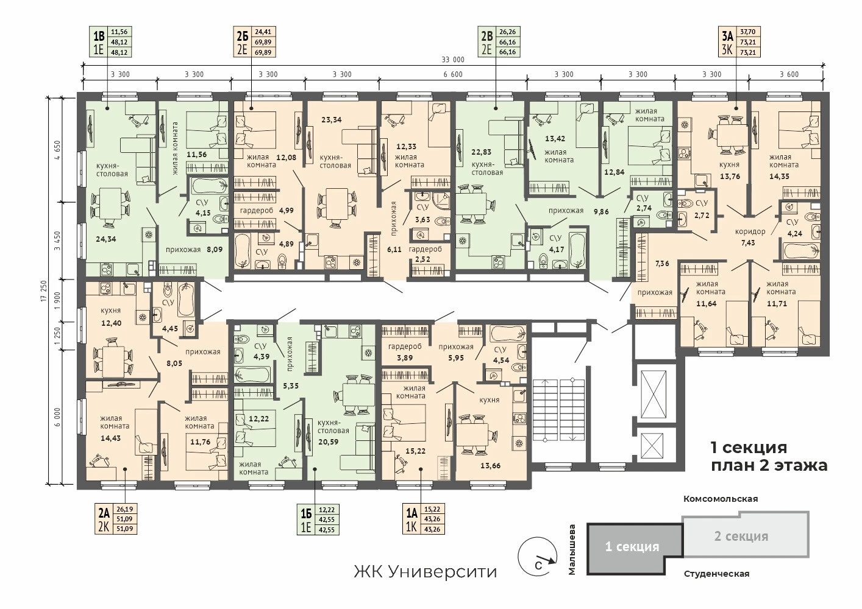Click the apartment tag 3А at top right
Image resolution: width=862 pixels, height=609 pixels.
coord(739,42)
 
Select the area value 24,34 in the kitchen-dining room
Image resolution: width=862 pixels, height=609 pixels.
coord(106,239)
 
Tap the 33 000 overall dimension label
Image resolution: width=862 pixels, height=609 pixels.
coord(453,60)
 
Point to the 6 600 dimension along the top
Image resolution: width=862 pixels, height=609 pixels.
coord(453,74)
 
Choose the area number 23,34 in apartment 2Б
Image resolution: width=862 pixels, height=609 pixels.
coord(332,119)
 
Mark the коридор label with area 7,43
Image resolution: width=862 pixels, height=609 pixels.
coord(750,237)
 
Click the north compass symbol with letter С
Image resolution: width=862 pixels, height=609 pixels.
coord(537,557)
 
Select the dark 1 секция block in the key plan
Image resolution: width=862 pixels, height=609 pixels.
coord(633,549)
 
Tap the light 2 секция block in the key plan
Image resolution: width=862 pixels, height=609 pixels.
coord(746,535)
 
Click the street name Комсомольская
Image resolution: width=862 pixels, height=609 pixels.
coord(721,499)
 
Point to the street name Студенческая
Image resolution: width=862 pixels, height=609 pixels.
coord(716,574)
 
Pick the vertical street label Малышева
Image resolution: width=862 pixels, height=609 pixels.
coord(572,549)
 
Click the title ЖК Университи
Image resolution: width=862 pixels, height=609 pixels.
coord(426,572)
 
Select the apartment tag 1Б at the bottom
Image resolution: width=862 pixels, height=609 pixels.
coord(318,519)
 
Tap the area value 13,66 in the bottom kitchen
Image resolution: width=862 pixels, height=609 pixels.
coord(490,466)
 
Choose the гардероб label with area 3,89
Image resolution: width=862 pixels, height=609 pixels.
coord(405,351)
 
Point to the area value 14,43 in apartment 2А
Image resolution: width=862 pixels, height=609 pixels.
coord(110,438)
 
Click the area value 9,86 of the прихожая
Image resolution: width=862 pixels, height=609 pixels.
coord(601,211)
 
